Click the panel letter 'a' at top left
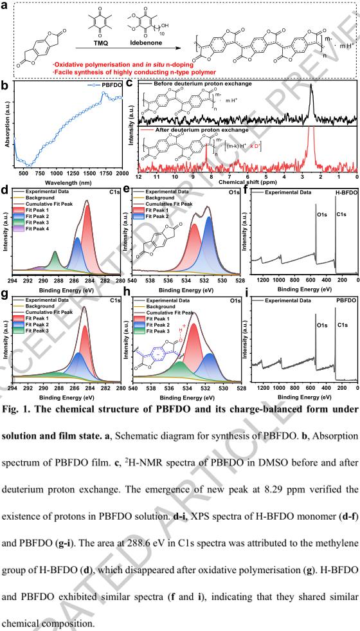[x=5, y=5]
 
